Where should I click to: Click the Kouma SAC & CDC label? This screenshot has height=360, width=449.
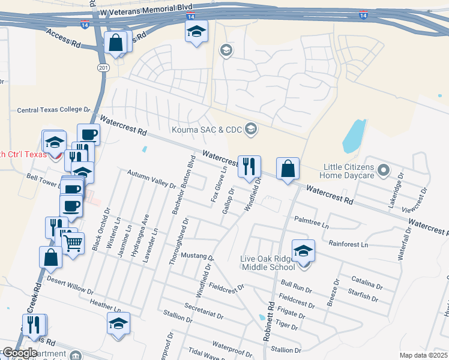206,130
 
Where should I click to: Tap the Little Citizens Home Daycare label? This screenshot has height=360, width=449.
349,171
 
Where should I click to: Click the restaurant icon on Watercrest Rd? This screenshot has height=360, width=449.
249,166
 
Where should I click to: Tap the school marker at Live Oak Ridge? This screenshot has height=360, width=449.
303,250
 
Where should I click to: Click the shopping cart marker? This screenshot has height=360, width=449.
73,244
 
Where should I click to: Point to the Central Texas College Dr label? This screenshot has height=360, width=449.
53,110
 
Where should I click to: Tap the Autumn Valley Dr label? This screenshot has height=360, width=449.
151,179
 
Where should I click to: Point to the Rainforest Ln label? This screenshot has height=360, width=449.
348,244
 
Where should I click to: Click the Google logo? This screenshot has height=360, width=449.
19,353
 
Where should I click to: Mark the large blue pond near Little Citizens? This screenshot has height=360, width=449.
354,137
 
